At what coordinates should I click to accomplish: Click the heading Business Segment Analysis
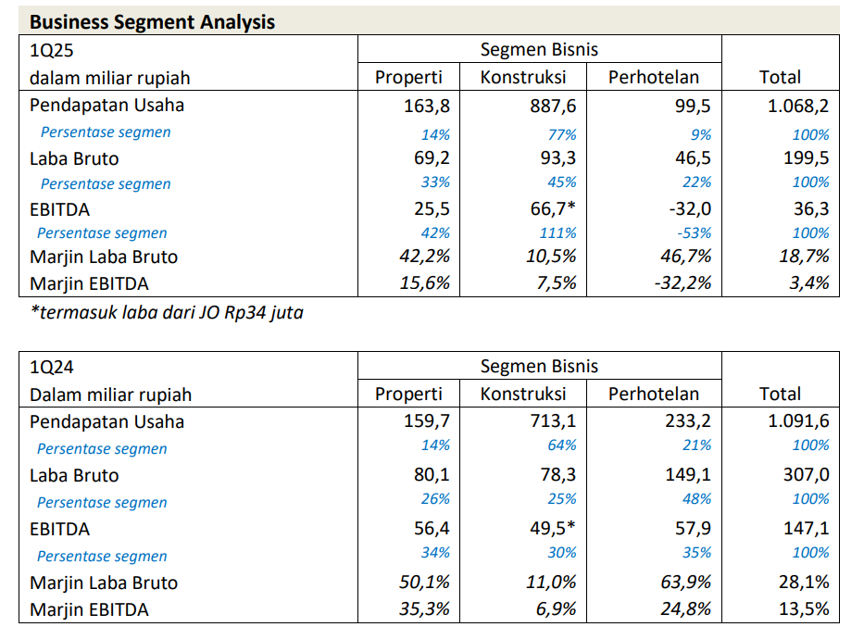tap(152, 21)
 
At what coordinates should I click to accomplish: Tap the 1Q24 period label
tap(52, 368)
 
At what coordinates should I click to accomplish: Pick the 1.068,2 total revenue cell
tap(797, 106)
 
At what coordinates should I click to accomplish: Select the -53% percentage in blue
tap(695, 233)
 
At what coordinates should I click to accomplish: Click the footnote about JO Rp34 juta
tap(167, 313)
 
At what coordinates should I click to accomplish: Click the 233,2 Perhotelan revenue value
tap(686, 421)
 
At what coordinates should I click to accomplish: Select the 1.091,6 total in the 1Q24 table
tap(797, 421)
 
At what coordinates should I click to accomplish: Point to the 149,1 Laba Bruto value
tap(686, 475)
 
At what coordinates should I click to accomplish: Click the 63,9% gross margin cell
tap(684, 583)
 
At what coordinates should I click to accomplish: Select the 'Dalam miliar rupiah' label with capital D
tap(110, 395)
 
